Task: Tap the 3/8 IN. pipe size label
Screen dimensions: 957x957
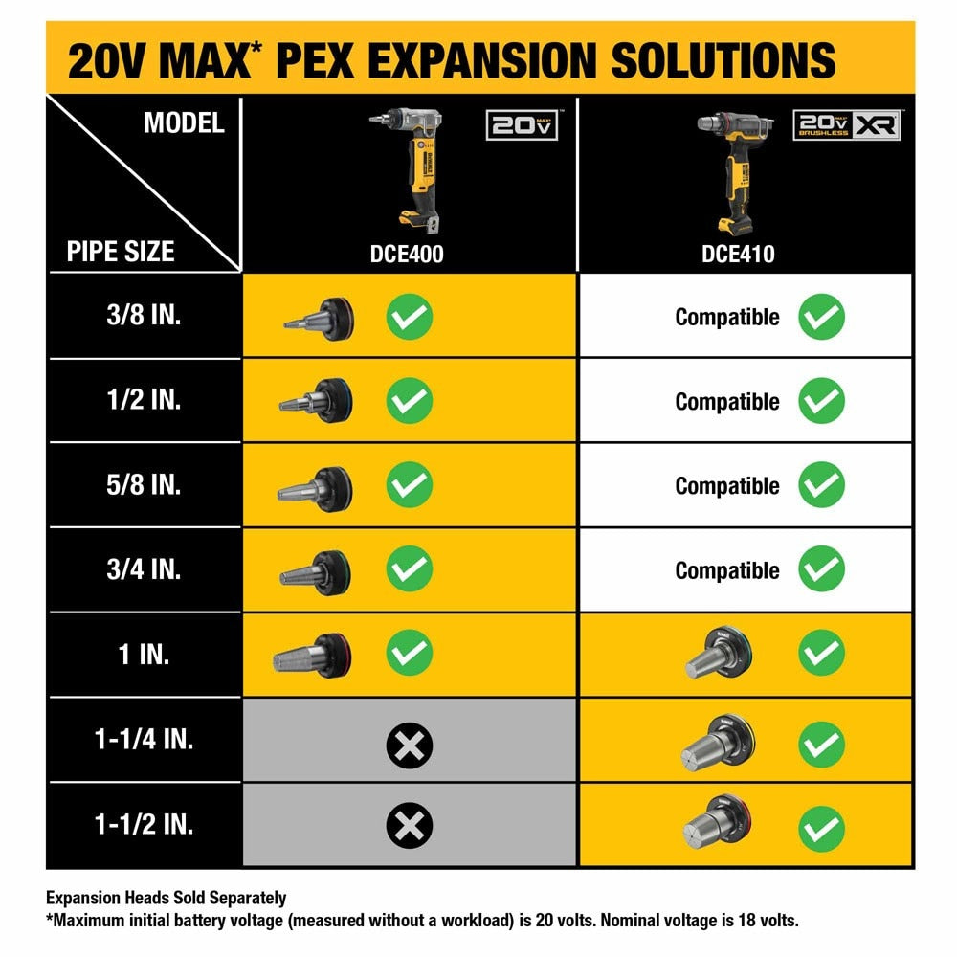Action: tap(144, 316)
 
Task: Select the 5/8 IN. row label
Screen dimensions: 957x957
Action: tap(144, 484)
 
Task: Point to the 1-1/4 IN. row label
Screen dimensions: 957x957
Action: tap(144, 739)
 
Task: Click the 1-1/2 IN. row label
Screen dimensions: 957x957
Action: tap(144, 824)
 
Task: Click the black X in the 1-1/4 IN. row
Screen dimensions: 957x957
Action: tap(410, 745)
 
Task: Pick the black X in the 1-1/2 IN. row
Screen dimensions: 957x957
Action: tap(410, 825)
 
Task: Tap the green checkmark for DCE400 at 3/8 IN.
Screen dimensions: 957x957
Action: tap(410, 317)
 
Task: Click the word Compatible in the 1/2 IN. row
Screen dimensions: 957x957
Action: tap(727, 402)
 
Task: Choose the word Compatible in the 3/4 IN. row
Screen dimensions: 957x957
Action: tap(727, 570)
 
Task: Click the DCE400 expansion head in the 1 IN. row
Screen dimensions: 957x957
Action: tap(312, 655)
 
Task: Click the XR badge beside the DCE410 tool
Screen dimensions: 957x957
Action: tap(877, 125)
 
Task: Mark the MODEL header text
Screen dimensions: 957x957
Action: tap(184, 123)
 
